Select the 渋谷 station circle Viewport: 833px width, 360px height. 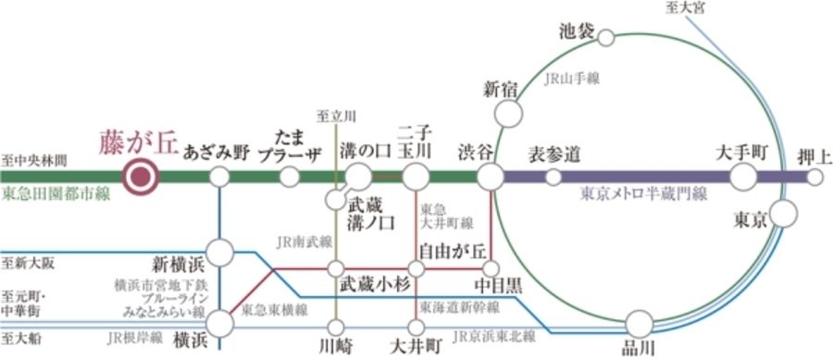[x=490, y=176]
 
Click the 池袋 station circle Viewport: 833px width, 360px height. [x=606, y=38]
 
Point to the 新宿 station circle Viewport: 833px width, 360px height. [x=508, y=114]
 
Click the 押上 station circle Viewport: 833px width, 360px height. [x=814, y=176]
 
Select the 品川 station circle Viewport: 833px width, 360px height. [x=639, y=323]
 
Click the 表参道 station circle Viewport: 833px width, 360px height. [x=553, y=176]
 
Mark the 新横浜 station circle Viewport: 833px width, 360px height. [x=220, y=252]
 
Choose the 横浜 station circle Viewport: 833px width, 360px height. [x=220, y=323]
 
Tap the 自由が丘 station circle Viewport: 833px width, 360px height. [x=416, y=269]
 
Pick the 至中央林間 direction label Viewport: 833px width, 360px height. [x=34, y=160]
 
